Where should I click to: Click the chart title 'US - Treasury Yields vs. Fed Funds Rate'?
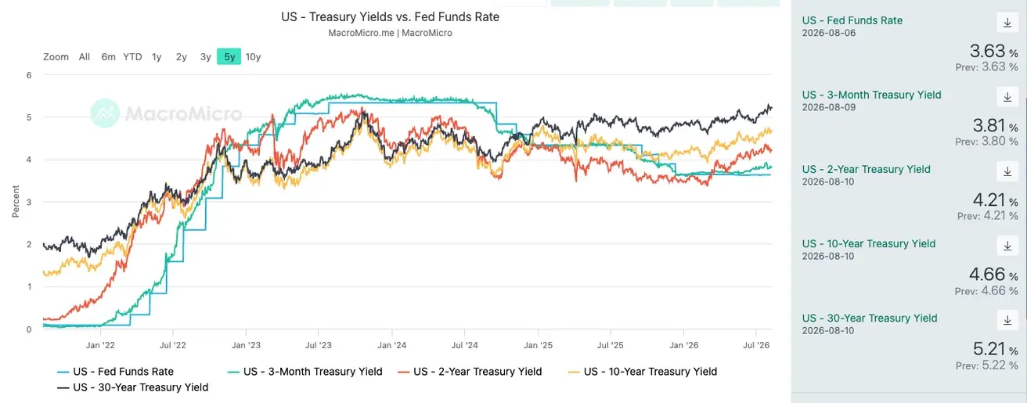pyautogui.click(x=390, y=17)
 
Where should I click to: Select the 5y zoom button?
pyautogui.click(x=229, y=57)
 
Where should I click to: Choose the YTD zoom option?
pyautogui.click(x=132, y=57)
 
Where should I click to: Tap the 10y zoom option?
pyautogui.click(x=253, y=57)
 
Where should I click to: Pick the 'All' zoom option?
pyautogui.click(x=85, y=57)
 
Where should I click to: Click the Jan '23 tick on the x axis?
pyautogui.click(x=246, y=345)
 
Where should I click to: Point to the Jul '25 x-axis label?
pyautogui.click(x=611, y=345)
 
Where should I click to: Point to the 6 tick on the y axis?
pyautogui.click(x=29, y=75)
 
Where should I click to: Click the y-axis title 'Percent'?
pyautogui.click(x=16, y=201)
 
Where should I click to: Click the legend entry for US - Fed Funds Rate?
pyautogui.click(x=116, y=372)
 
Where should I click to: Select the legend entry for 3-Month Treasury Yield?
pyautogui.click(x=305, y=372)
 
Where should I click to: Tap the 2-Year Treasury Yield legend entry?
pyautogui.click(x=470, y=372)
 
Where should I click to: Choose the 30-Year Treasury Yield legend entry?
pyautogui.click(x=133, y=387)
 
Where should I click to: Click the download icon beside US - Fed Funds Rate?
pyautogui.click(x=1007, y=23)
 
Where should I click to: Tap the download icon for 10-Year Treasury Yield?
pyautogui.click(x=1007, y=246)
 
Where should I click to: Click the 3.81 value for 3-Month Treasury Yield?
pyautogui.click(x=989, y=125)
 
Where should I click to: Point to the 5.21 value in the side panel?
pyautogui.click(x=989, y=349)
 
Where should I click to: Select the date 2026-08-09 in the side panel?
pyautogui.click(x=828, y=107)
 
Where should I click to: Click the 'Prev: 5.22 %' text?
pyautogui.click(x=986, y=365)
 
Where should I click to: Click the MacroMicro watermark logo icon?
pyautogui.click(x=105, y=113)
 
